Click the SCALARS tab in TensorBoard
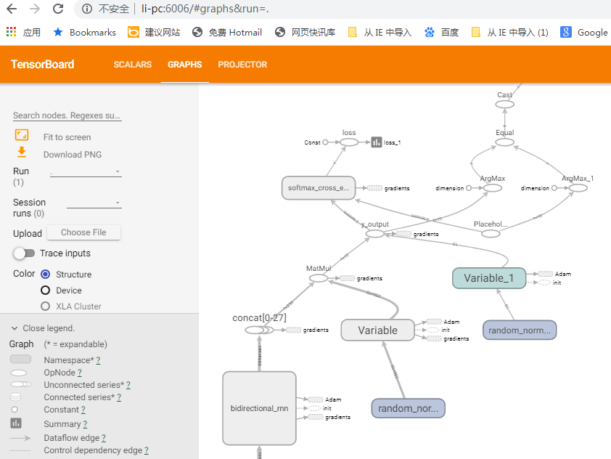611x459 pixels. pyautogui.click(x=132, y=65)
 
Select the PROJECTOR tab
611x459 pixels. pyautogui.click(x=242, y=65)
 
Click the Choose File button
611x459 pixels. pyautogui.click(x=83, y=232)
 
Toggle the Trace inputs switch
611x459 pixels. pyautogui.click(x=24, y=253)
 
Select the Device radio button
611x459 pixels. pyautogui.click(x=46, y=291)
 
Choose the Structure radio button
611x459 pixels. pyautogui.click(x=46, y=275)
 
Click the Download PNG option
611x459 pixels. pyautogui.click(x=72, y=154)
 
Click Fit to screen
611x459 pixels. pyautogui.click(x=67, y=137)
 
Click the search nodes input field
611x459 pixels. pyautogui.click(x=67, y=115)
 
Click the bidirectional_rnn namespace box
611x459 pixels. pyautogui.click(x=259, y=407)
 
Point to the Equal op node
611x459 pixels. pyautogui.click(x=504, y=142)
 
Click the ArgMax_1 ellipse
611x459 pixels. pyautogui.click(x=578, y=188)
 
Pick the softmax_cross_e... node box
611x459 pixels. pyautogui.click(x=318, y=188)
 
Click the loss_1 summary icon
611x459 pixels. pyautogui.click(x=377, y=142)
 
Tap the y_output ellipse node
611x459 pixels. pyautogui.click(x=374, y=234)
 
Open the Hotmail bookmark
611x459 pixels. pyautogui.click(x=227, y=32)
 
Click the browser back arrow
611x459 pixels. pyautogui.click(x=12, y=9)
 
